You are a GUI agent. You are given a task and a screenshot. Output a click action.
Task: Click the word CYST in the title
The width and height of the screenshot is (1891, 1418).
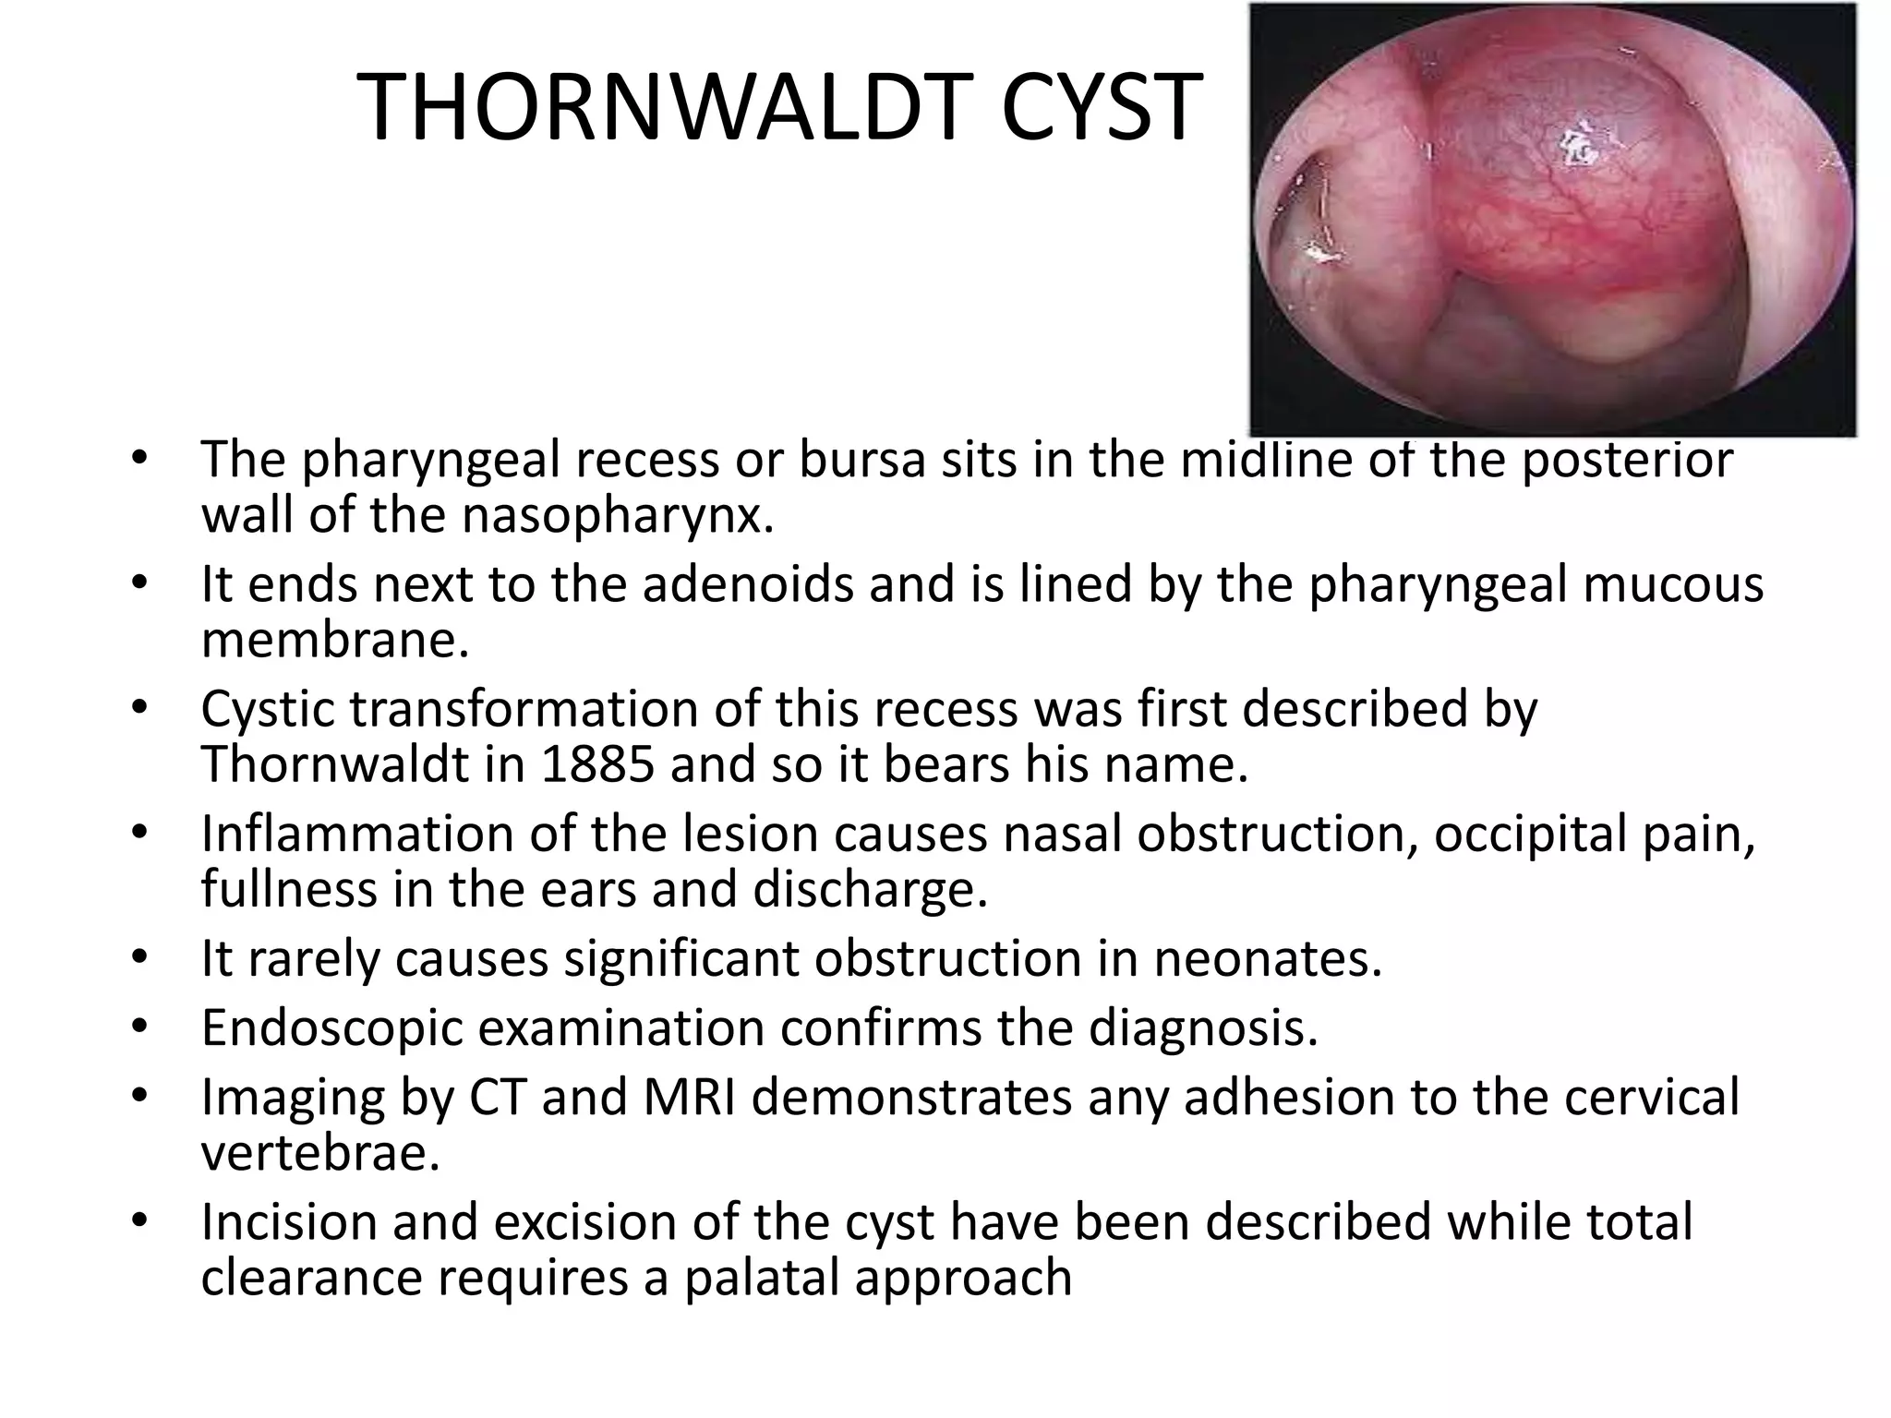pos(1102,109)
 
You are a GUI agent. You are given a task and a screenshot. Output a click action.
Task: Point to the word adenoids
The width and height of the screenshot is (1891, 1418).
pos(748,584)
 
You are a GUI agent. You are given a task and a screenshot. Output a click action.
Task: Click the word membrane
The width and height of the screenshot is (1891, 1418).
pos(335,640)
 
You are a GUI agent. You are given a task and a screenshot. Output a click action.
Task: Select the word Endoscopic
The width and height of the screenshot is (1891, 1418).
pos(331,1027)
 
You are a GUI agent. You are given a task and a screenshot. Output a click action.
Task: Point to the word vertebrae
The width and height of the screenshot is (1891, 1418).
pos(320,1152)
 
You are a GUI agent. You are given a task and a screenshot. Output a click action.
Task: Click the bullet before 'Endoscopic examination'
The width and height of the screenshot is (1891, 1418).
pos(139,1027)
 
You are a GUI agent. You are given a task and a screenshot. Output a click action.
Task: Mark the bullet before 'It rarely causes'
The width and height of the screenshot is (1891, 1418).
pos(139,958)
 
